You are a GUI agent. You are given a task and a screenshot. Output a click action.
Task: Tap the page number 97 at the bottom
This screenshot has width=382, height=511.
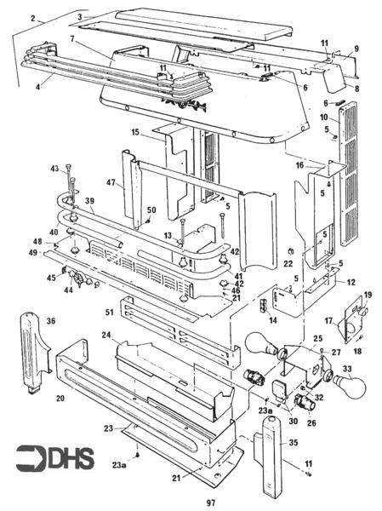pos(210,503)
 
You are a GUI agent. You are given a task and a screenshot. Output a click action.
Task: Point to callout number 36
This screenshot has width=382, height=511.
pos(50,321)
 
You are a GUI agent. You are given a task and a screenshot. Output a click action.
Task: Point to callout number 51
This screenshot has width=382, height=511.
pos(109,313)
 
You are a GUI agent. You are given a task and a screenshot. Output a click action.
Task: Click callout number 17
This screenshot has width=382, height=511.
pos(328,321)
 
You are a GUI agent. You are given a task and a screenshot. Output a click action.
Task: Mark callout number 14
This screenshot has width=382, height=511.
pos(273,319)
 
